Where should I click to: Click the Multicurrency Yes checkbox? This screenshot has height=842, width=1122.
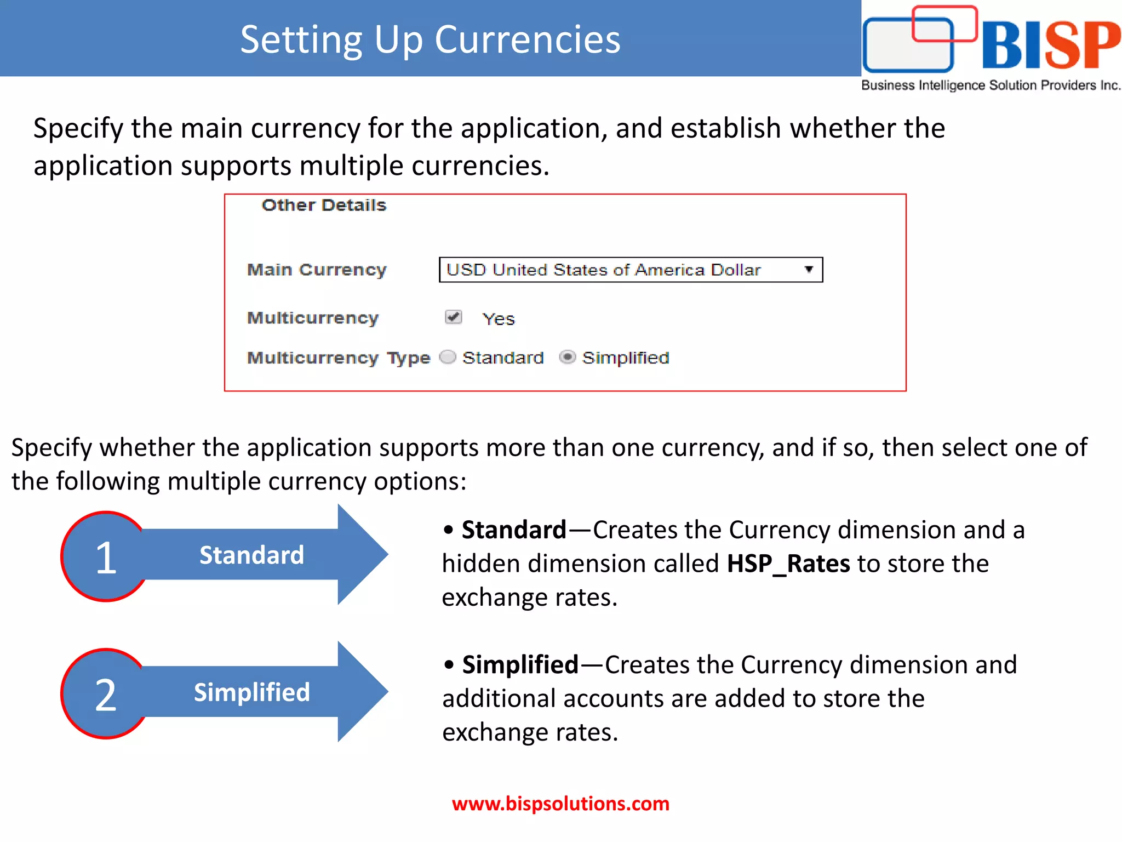tap(453, 317)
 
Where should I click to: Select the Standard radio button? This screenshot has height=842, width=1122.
tap(448, 357)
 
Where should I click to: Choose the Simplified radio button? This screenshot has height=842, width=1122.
tap(567, 357)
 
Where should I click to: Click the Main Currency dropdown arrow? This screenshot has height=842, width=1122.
tap(808, 269)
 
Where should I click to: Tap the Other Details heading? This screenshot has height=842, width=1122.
tap(324, 205)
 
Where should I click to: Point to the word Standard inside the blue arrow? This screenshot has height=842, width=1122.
tap(251, 555)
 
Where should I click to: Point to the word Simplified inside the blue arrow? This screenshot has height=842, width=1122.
tap(251, 692)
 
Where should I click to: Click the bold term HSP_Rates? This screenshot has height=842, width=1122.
tap(788, 564)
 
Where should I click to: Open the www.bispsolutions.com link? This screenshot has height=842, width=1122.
tap(560, 804)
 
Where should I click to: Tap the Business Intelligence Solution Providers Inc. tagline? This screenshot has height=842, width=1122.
tap(991, 86)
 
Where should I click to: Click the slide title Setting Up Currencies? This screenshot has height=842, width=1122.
tap(430, 39)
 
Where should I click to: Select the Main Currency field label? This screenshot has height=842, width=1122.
tap(317, 270)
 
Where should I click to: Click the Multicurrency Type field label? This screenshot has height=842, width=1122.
tap(338, 357)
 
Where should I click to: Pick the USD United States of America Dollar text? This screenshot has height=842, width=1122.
tap(603, 270)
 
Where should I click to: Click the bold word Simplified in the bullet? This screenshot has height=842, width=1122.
tap(520, 665)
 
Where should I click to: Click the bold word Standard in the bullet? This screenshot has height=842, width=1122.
tap(513, 530)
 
